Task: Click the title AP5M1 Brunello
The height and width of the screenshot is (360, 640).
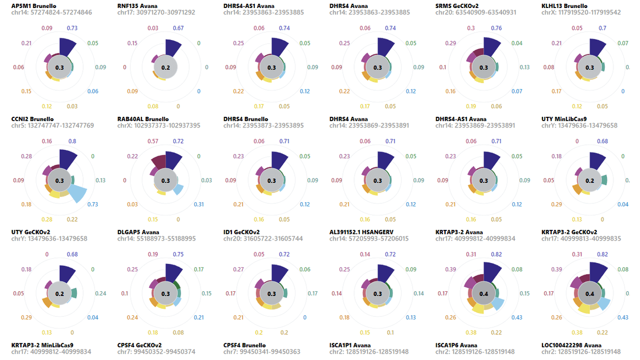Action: (34, 5)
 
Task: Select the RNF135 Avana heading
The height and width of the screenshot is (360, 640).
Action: (138, 5)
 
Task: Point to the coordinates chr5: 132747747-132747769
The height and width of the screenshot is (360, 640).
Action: (52, 126)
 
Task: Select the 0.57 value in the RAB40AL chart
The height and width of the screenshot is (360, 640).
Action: (153, 141)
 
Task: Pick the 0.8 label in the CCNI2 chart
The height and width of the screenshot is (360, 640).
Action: (72, 141)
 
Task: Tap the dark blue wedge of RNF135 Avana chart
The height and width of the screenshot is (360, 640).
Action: (172, 50)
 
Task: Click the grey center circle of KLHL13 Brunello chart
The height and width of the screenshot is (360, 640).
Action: (589, 68)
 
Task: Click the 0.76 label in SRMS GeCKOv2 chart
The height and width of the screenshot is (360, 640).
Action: (496, 28)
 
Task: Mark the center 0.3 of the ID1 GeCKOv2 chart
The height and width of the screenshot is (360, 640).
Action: (271, 294)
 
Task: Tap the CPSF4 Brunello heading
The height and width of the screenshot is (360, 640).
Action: (244, 345)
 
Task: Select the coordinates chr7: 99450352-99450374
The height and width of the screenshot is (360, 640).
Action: (158, 352)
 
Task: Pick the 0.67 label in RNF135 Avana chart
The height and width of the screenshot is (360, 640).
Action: (178, 28)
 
